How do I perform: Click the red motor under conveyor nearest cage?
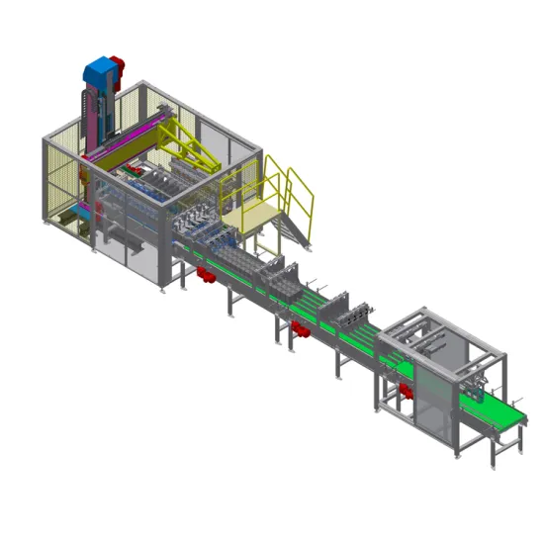[x=206, y=275]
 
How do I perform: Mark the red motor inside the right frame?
[x=405, y=394]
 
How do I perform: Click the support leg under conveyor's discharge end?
[x=496, y=450]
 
